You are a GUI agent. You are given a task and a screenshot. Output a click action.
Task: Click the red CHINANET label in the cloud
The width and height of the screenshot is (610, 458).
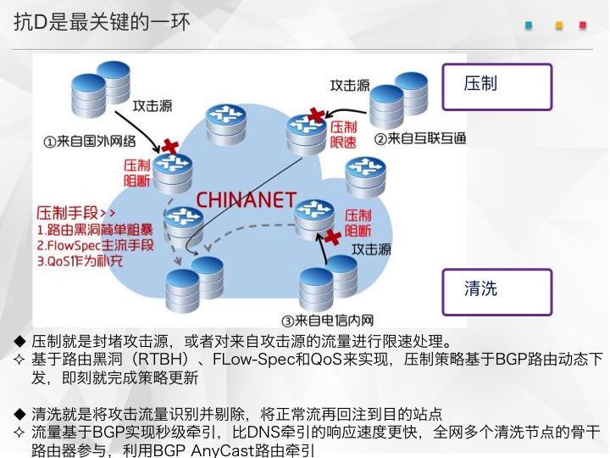pyautogui.click(x=247, y=200)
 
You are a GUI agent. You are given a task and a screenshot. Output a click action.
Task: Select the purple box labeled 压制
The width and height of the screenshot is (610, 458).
pyautogui.click(x=496, y=87)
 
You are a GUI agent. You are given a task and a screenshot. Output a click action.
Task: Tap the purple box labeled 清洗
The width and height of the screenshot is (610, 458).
pyautogui.click(x=496, y=292)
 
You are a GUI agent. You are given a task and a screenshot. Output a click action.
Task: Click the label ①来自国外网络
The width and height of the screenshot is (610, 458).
pyautogui.click(x=90, y=141)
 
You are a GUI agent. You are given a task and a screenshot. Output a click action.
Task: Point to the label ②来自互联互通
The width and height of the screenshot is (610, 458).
pyautogui.click(x=420, y=138)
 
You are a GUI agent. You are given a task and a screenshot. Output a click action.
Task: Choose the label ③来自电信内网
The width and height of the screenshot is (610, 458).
pyautogui.click(x=327, y=321)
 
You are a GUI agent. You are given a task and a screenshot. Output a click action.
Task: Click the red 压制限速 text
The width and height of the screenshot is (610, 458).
pyautogui.click(x=343, y=134)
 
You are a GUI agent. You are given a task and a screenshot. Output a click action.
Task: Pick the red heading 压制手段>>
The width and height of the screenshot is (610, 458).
pyautogui.click(x=76, y=213)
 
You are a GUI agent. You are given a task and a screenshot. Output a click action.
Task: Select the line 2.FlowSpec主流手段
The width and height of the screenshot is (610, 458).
pyautogui.click(x=95, y=245)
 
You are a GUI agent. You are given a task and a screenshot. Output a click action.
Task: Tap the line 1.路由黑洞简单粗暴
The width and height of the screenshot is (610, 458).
pyautogui.click(x=95, y=230)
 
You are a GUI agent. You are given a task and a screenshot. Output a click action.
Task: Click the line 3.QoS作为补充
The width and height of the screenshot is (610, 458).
pyautogui.click(x=80, y=261)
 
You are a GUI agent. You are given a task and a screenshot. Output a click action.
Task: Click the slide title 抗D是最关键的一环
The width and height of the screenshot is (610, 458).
pyautogui.click(x=102, y=21)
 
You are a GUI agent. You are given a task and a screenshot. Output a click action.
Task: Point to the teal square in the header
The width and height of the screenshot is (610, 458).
pyautogui.click(x=529, y=25)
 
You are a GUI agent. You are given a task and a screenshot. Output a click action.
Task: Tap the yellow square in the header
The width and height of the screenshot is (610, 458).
pyautogui.click(x=559, y=25)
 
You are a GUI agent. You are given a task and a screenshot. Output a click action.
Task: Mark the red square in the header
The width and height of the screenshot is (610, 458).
pyautogui.click(x=583, y=25)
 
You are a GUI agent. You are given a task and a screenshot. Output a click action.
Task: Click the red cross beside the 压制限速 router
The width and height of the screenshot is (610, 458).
pyautogui.click(x=317, y=115)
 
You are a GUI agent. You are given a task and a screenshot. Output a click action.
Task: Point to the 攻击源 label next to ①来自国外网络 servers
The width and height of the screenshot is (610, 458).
pyautogui.click(x=152, y=106)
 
